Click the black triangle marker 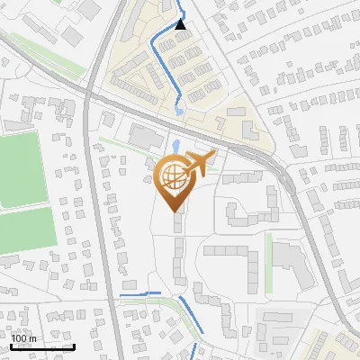(x=181, y=24)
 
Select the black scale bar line (x=42, y=346)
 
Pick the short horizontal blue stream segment (x=140, y=293)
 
